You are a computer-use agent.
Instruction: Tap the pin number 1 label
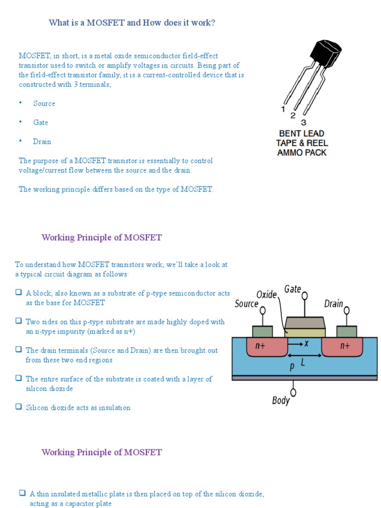283,109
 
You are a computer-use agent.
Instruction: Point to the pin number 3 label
304,122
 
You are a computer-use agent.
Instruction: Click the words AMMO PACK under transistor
302,153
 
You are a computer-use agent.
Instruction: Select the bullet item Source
44,103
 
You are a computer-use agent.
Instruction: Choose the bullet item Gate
41,122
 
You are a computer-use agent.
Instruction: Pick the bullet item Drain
42,141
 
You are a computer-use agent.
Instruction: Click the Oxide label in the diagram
266,295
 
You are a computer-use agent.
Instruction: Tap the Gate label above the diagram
293,289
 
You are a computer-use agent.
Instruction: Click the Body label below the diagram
281,400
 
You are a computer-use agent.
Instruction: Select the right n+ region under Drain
345,346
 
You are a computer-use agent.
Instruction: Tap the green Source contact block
262,331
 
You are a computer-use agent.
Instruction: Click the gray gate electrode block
305,323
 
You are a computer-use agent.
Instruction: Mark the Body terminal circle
294,392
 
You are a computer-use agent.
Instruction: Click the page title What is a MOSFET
131,22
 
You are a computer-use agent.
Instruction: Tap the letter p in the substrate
292,367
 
